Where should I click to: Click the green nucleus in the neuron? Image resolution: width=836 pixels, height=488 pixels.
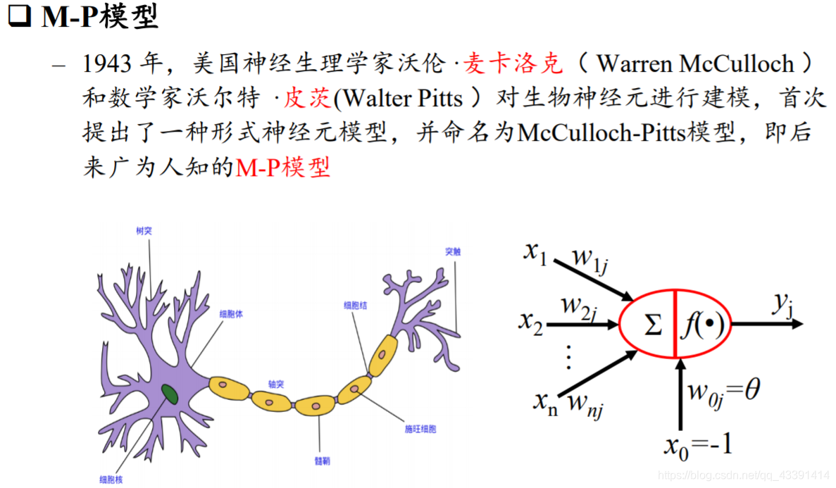tap(170, 394)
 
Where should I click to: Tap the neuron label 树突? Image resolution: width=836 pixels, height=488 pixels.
tap(144, 230)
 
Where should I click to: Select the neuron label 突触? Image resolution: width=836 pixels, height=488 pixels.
tap(453, 251)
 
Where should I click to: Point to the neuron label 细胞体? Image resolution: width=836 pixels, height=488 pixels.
tap(232, 314)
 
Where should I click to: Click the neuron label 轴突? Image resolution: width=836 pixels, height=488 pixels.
tap(275, 384)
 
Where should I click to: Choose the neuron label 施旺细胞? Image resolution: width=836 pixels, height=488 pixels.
tap(420, 429)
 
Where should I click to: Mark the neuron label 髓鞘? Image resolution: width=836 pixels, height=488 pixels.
tap(322, 461)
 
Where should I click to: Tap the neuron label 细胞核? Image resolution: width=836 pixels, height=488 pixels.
tap(111, 480)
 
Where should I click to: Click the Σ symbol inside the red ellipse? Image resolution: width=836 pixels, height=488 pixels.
tap(652, 325)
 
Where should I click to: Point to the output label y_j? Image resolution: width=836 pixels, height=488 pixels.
tap(782, 304)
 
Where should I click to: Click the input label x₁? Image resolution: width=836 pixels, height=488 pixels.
tap(537, 253)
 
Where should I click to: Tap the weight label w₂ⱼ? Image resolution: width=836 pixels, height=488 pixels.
tap(580, 307)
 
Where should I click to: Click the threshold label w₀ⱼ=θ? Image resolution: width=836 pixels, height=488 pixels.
tap(723, 392)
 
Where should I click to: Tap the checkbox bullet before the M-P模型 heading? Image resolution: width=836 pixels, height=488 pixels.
tap(20, 15)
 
